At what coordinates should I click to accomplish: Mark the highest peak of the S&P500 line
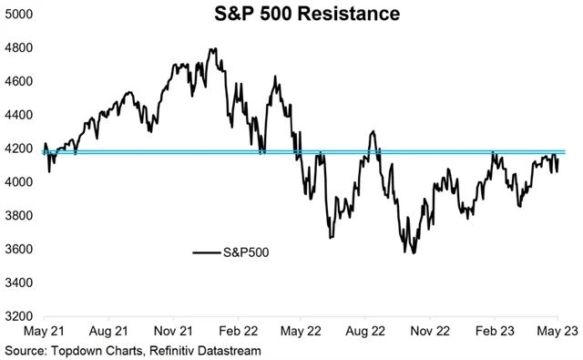211,49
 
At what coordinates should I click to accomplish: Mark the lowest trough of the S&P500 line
414,252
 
